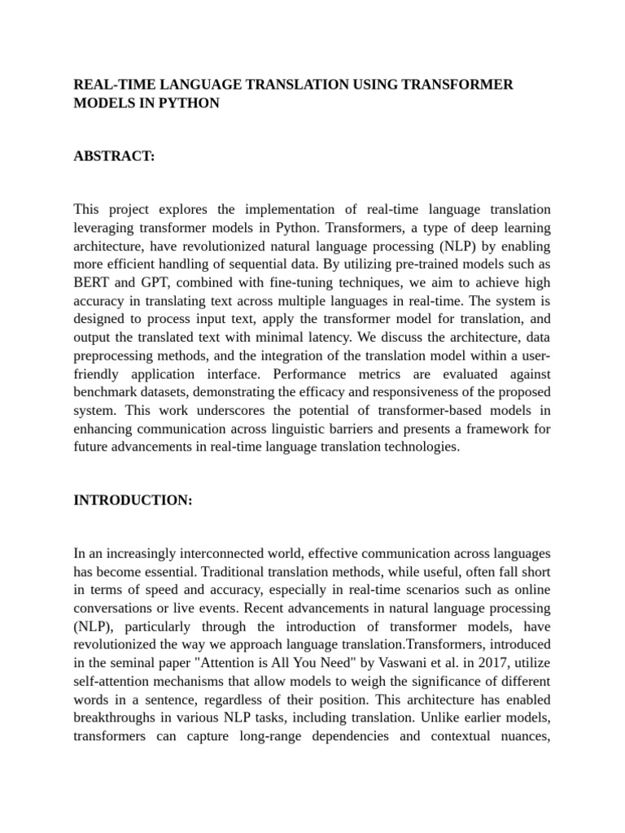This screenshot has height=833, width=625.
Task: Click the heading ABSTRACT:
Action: (x=114, y=156)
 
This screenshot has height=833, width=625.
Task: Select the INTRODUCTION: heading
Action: (x=133, y=500)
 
